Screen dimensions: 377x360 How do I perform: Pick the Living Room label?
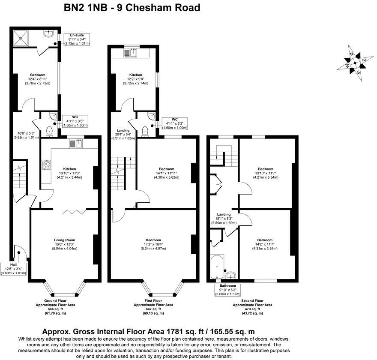[65, 240]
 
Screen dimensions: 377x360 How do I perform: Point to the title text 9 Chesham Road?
[156, 7]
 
